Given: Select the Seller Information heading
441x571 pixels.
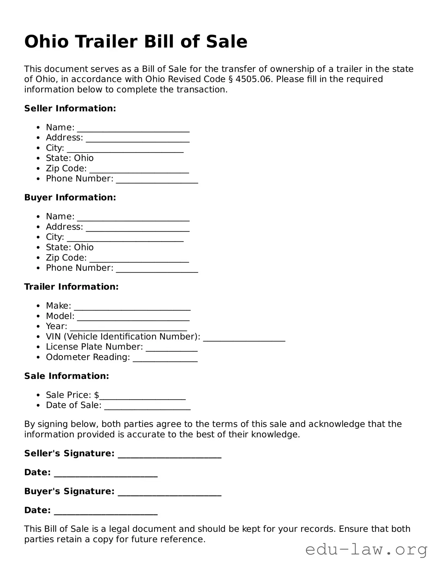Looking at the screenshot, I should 70,108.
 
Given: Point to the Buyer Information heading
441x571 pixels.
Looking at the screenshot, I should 70,198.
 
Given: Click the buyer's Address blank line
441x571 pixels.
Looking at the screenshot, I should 138,230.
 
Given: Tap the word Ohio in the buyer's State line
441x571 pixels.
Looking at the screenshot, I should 84,247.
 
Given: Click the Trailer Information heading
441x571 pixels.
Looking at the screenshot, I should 71,287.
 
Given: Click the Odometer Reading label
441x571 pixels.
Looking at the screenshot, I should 88,357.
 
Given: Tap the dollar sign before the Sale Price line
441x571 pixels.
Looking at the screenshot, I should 96,395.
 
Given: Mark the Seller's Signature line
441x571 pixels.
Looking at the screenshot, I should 170,456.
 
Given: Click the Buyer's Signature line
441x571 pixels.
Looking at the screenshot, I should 170,494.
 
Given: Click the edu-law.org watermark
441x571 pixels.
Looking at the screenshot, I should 366,550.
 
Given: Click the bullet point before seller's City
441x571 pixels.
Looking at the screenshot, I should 39,148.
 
